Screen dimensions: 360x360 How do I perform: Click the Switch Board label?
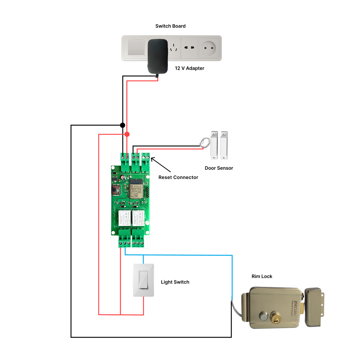170,26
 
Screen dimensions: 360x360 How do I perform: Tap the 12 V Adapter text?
190,68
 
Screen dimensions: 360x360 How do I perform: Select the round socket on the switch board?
209,48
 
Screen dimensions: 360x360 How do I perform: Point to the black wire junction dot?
123,125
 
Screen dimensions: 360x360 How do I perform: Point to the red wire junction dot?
127,134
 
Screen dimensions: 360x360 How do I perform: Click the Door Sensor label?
219,168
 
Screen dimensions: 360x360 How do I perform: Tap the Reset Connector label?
178,177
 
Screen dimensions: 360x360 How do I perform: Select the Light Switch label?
175,282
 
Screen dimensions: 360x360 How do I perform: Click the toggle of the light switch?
143,280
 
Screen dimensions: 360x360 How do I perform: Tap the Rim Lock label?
262,276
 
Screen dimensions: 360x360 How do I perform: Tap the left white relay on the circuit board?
124,218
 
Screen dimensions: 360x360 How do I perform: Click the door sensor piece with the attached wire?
213,145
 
